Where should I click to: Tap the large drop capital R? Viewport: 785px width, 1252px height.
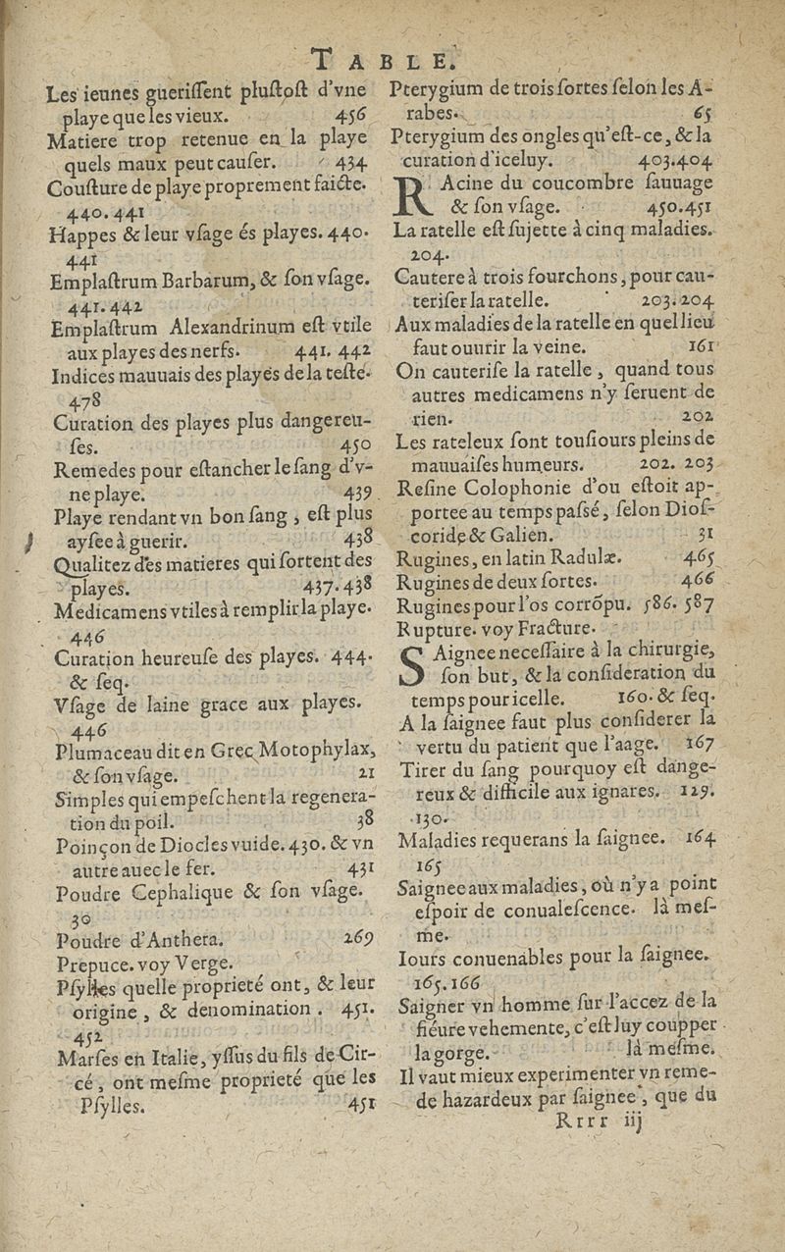click(414, 195)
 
